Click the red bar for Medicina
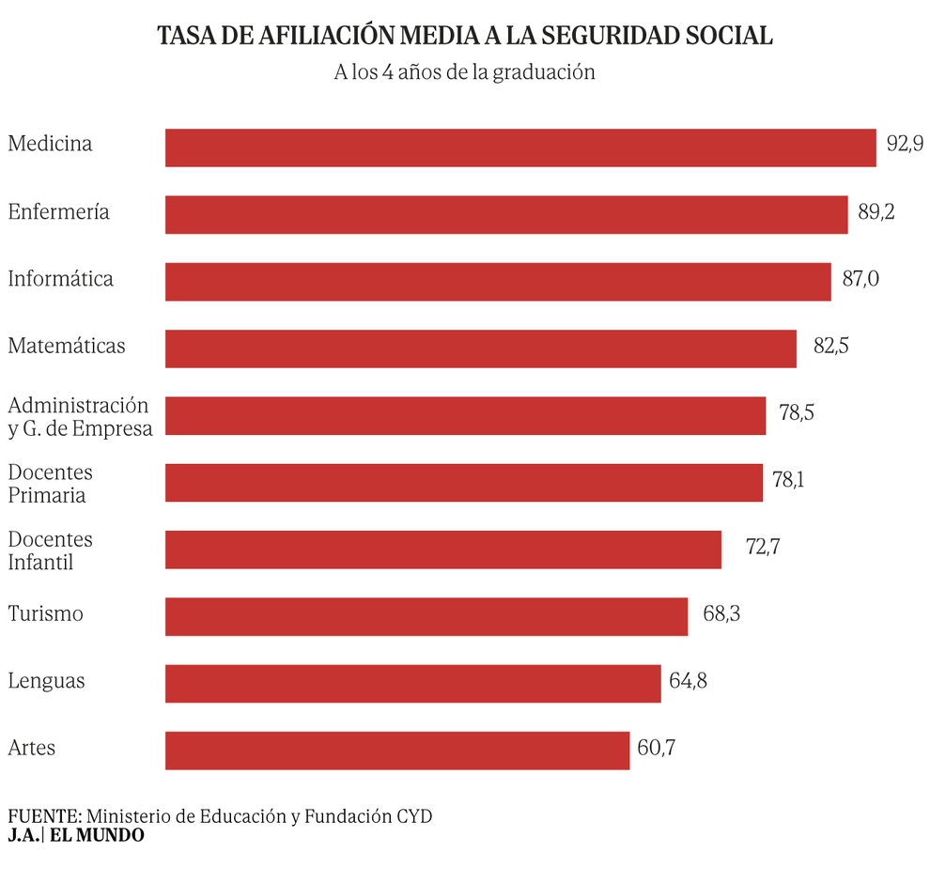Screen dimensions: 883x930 pyautogui.click(x=520, y=147)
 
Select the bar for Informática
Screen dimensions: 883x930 pyautogui.click(x=498, y=282)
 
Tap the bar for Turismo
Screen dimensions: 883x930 pyautogui.click(x=426, y=616)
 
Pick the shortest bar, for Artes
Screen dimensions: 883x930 pyautogui.click(x=397, y=751)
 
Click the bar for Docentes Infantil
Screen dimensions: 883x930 pyautogui.click(x=443, y=550)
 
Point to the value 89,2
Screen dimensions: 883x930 pyautogui.click(x=876, y=212)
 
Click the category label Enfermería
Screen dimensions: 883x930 pyautogui.click(x=58, y=212)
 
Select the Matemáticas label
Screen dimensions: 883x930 pyautogui.click(x=67, y=346)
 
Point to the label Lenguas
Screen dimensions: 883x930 pyautogui.click(x=46, y=681)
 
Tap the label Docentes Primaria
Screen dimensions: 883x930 pyautogui.click(x=51, y=484)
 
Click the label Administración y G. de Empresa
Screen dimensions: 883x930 pyautogui.click(x=80, y=416)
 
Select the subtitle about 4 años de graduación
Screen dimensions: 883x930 pyautogui.click(x=465, y=72)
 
